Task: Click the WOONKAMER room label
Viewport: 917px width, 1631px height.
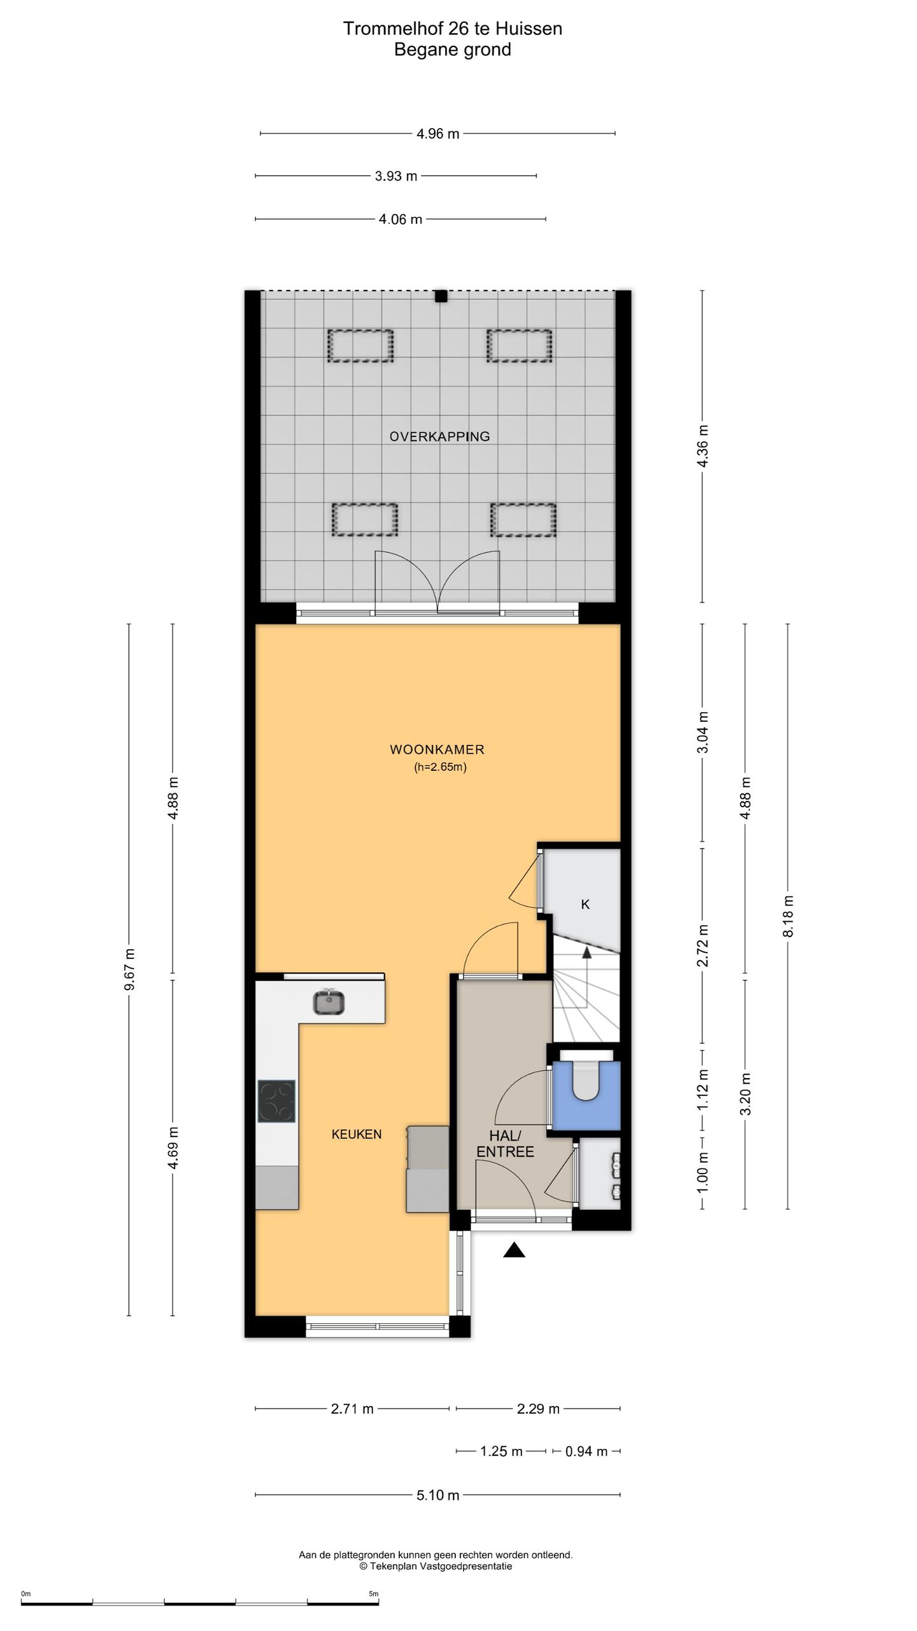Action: pyautogui.click(x=437, y=750)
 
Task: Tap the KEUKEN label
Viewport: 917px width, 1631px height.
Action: pyautogui.click(x=357, y=1134)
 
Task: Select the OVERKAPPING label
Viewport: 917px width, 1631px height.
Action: pyautogui.click(x=439, y=436)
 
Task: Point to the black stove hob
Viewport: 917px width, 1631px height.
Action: pyautogui.click(x=276, y=1100)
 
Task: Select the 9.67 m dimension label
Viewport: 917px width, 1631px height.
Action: pyautogui.click(x=129, y=970)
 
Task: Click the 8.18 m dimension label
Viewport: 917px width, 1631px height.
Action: pyautogui.click(x=788, y=916)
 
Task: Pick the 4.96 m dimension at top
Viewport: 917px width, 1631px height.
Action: pyautogui.click(x=438, y=134)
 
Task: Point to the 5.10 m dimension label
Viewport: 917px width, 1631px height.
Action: pyautogui.click(x=438, y=1495)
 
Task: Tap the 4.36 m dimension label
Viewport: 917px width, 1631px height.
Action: pyautogui.click(x=702, y=446)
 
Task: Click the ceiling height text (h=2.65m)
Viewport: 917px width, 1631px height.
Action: pyautogui.click(x=440, y=767)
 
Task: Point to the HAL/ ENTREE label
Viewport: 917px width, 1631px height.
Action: pyautogui.click(x=505, y=1144)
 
